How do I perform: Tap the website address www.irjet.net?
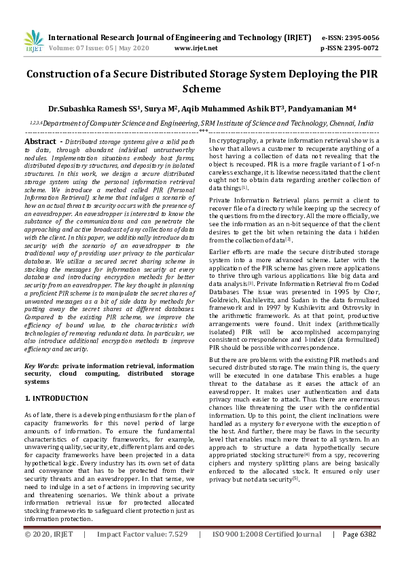click(196, 48)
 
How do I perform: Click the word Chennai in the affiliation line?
click(342, 124)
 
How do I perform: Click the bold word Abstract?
click(40, 140)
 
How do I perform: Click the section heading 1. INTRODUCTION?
click(56, 398)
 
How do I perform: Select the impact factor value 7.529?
click(173, 554)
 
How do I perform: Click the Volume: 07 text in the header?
click(68, 48)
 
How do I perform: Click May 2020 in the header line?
click(133, 48)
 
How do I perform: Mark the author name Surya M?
click(163, 108)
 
